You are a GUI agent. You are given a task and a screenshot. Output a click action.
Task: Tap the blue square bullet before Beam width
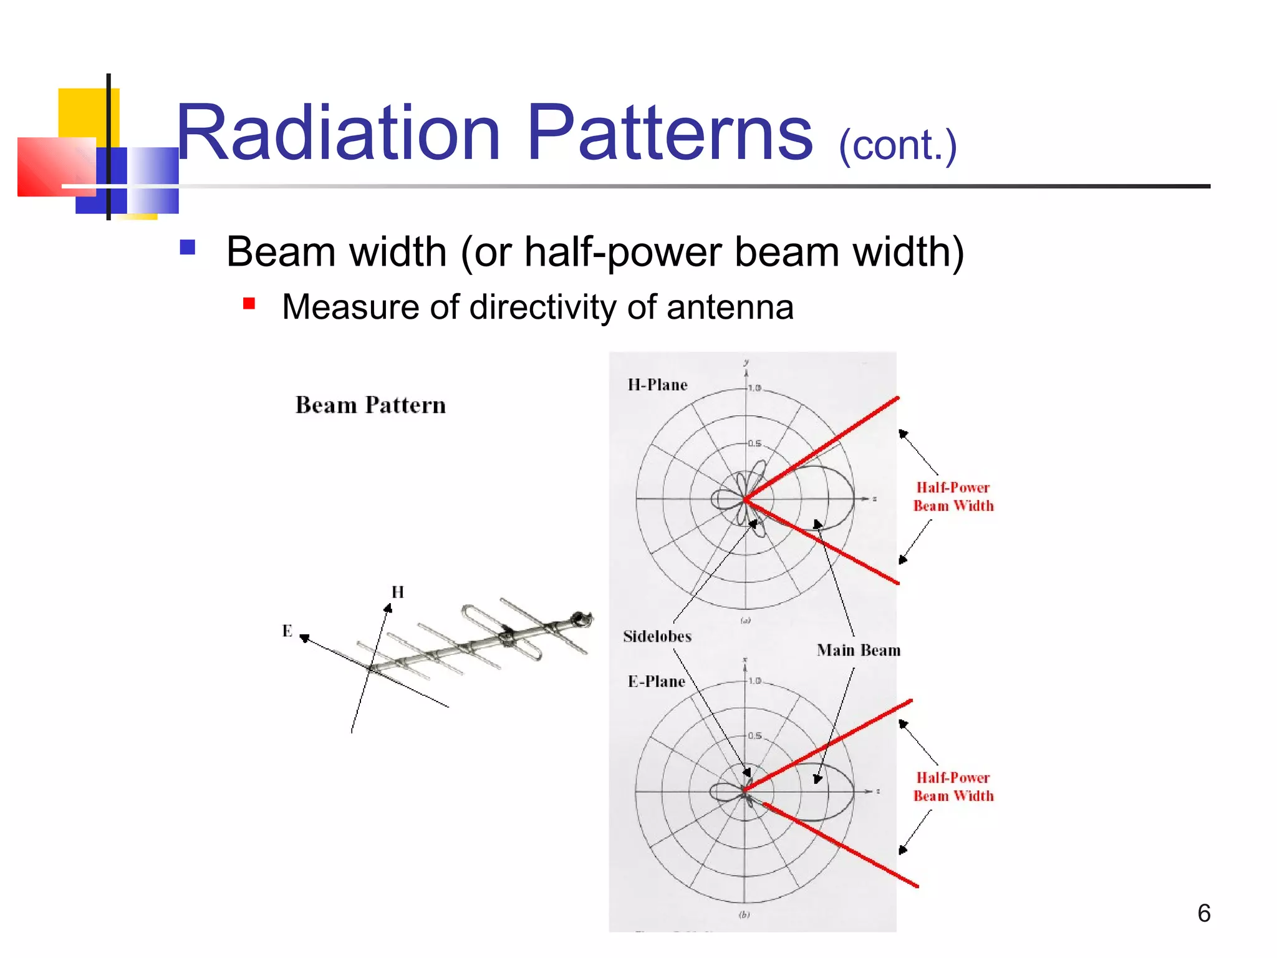tap(187, 248)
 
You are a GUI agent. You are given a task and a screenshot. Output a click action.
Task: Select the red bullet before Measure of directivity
tap(249, 304)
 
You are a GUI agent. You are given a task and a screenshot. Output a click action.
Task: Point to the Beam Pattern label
tap(370, 405)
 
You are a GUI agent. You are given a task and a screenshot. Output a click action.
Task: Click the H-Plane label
tap(657, 385)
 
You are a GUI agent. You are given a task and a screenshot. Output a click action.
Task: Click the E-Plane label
tap(656, 681)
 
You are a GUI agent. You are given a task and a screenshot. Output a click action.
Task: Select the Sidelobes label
tap(657, 636)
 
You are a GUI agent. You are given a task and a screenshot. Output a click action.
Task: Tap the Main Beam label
tap(859, 650)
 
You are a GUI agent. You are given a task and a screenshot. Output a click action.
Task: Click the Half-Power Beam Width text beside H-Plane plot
tap(953, 496)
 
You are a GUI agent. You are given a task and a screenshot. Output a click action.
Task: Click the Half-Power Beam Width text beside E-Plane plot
tap(953, 786)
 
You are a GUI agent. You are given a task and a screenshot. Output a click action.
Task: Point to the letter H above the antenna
tap(398, 592)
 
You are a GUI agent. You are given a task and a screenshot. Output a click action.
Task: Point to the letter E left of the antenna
tap(287, 631)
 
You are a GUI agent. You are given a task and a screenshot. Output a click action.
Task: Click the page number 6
tap(1203, 913)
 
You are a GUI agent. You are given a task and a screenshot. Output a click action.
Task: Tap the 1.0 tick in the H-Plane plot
tap(754, 388)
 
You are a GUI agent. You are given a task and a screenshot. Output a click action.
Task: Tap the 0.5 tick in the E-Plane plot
tap(754, 735)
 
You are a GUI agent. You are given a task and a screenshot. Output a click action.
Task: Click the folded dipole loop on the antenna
tap(499, 630)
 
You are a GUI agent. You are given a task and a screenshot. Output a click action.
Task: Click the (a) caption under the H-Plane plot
tap(745, 621)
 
